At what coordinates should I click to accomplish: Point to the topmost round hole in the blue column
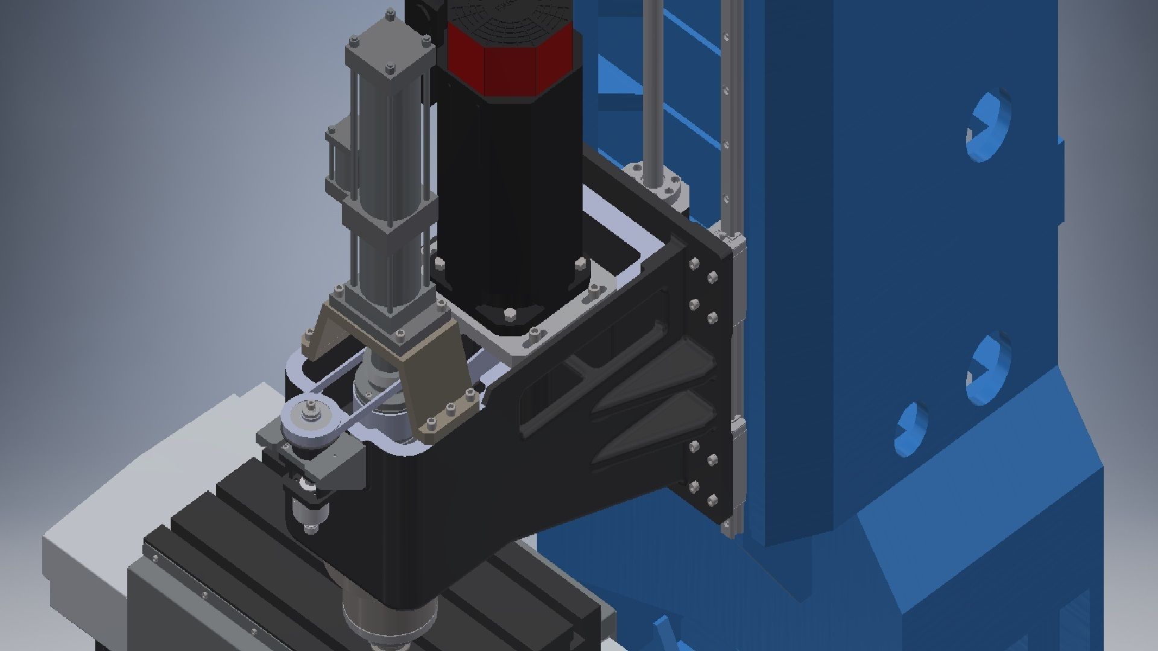[x=989, y=127]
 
